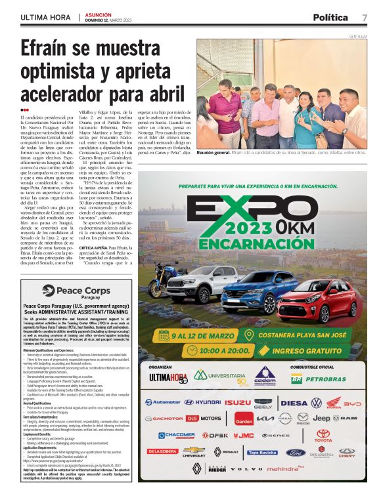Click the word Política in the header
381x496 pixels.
(330, 17)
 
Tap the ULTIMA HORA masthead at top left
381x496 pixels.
(45, 17)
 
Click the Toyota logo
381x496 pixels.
(323, 435)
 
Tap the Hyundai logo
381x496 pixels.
(202, 402)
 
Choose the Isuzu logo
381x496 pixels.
(237, 402)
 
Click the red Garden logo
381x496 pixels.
(244, 419)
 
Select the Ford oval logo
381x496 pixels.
(296, 452)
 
